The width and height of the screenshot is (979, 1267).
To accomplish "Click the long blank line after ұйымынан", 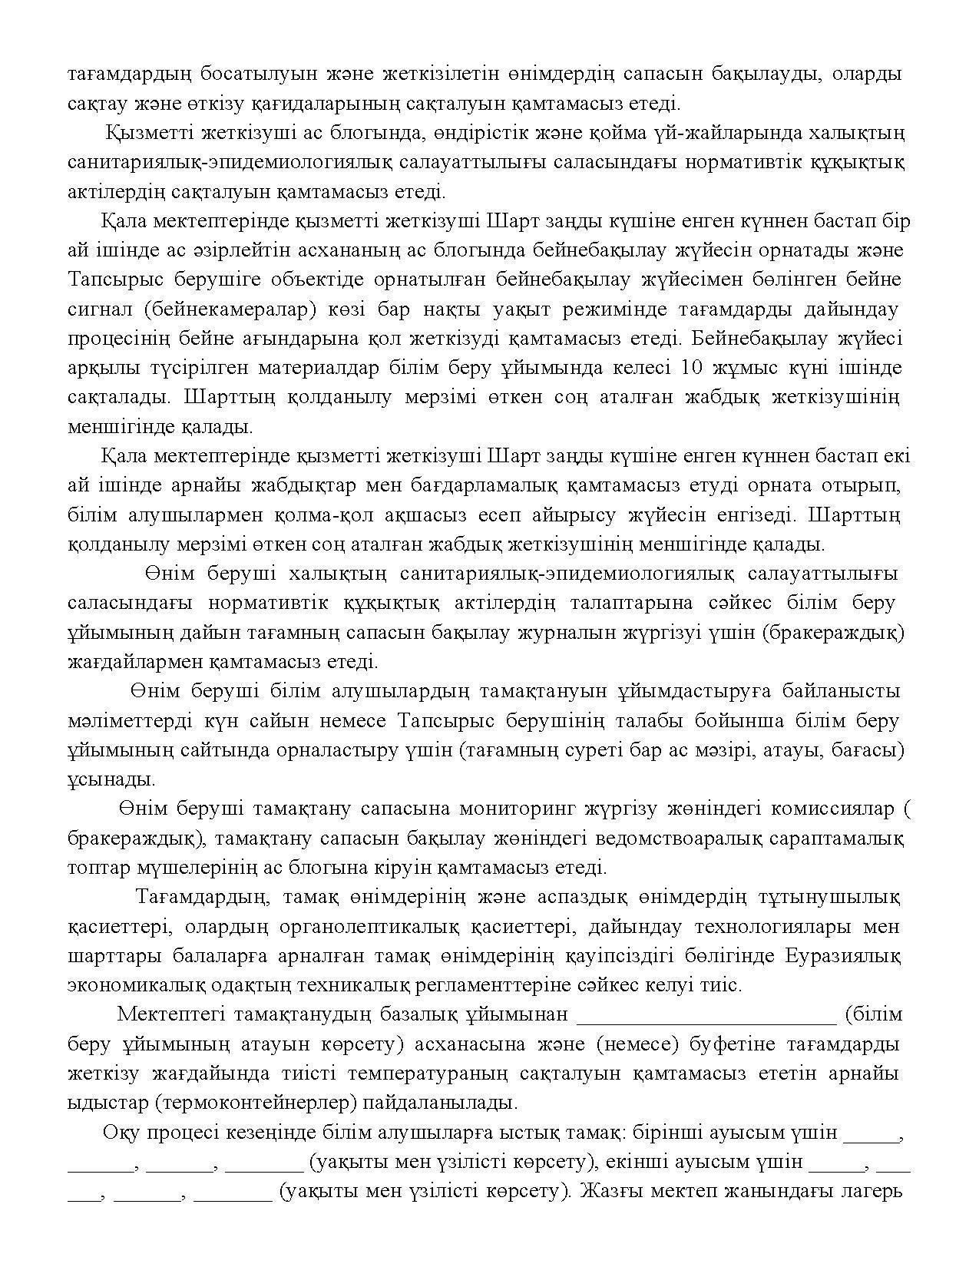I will pos(706,1015).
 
